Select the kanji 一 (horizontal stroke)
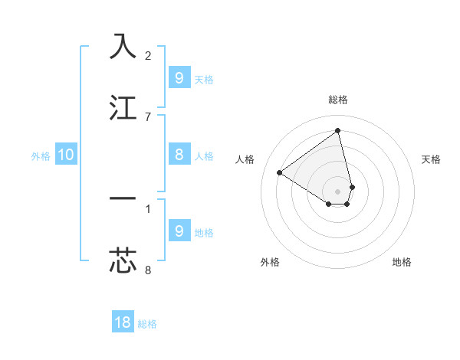coord(123,198)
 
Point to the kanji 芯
coord(123,260)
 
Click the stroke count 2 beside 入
coord(148,55)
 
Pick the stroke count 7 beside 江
coord(148,116)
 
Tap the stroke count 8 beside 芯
coord(148,270)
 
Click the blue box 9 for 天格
coord(179,77)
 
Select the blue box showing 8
coord(179,155)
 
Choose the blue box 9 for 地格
coord(179,231)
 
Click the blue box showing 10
coord(66,155)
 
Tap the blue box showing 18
coord(123,322)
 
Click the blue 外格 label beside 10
coord(41,156)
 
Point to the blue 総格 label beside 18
coord(147,324)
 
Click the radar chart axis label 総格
coord(338,100)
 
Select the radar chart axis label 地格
coord(402,262)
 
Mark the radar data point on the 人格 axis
coord(279,173)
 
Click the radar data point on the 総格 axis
coord(338,130)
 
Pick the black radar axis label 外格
coord(270,262)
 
